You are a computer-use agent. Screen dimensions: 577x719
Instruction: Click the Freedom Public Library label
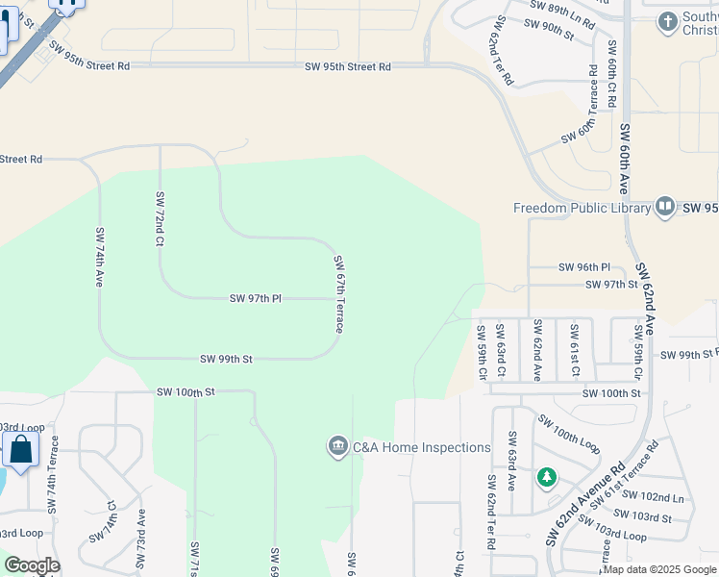click(582, 208)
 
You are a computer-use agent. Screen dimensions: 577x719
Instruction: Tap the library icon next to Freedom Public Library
click(665, 207)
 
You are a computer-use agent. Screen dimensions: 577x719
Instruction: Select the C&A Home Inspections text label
click(422, 447)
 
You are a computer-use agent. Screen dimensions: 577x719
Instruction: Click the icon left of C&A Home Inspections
click(337, 447)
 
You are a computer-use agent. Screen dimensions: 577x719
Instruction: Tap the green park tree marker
click(547, 477)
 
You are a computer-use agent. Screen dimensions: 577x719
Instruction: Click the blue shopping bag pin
click(20, 449)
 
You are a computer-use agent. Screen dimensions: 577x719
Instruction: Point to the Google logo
click(32, 565)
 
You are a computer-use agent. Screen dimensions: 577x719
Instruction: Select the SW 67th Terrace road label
click(338, 294)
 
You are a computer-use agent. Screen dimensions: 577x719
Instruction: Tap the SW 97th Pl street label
click(255, 299)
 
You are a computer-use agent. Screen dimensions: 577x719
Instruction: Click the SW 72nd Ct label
click(160, 218)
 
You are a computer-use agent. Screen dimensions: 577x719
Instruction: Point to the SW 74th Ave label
click(100, 257)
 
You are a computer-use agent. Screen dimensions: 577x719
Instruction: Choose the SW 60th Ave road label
click(624, 160)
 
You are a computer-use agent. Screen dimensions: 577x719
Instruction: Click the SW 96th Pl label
click(584, 267)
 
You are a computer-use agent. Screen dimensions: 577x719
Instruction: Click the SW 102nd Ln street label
click(653, 498)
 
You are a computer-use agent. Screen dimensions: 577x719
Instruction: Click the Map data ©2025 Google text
click(659, 569)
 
